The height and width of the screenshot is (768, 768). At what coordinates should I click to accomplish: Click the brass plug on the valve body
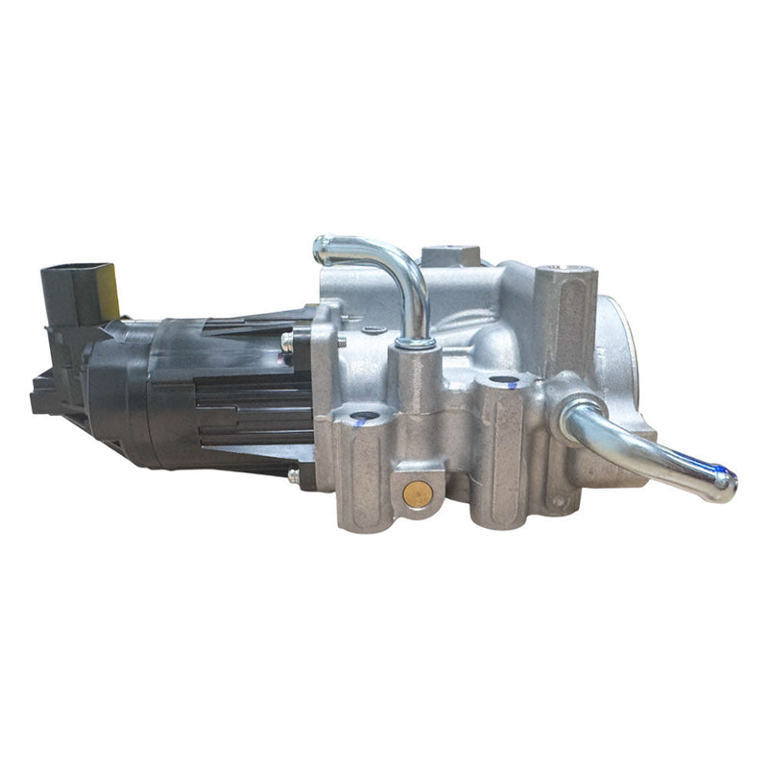click(x=418, y=493)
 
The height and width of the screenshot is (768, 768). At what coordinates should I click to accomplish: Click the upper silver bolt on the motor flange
click(x=287, y=340)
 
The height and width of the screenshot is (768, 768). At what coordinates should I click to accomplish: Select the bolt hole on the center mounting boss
click(x=498, y=382)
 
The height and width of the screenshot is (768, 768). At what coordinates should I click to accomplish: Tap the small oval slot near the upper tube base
click(x=374, y=331)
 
